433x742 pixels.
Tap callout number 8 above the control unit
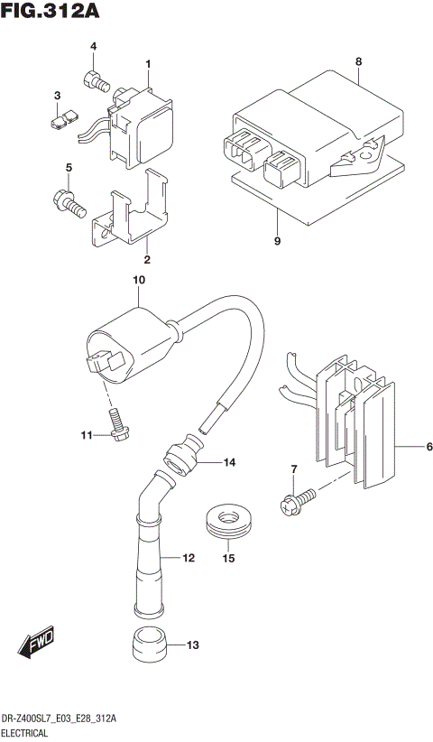[x=358, y=61]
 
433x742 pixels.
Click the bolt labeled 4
[x=95, y=81]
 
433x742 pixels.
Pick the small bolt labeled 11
[x=117, y=424]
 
